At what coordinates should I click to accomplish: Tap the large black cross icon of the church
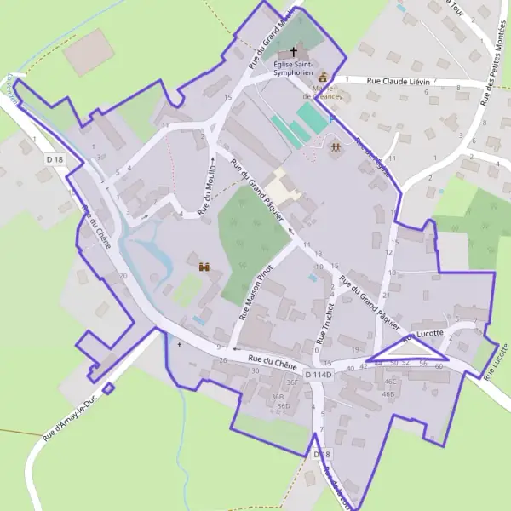pos(294,51)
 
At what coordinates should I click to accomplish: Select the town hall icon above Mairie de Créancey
pos(323,77)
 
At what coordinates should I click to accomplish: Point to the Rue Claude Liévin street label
pos(398,81)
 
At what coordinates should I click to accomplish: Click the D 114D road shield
pos(319,374)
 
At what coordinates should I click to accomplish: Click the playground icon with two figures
pos(336,146)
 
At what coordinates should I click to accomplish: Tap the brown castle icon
pos(204,267)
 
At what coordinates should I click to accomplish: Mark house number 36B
pos(277,397)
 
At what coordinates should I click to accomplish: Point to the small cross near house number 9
pos(179,345)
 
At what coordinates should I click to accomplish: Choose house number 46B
pos(388,393)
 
